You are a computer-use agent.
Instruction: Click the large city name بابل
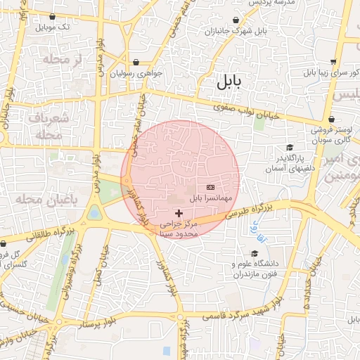pos(228,82)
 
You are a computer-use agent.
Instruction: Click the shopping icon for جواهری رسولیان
pos(135,63)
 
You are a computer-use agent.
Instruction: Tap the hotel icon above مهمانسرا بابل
pos(211,188)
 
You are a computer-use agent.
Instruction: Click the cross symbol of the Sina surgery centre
pos(179,212)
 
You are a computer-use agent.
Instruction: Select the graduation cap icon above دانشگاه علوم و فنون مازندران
pos(254,254)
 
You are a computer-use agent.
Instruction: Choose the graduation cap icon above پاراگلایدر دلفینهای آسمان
pos(290,147)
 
